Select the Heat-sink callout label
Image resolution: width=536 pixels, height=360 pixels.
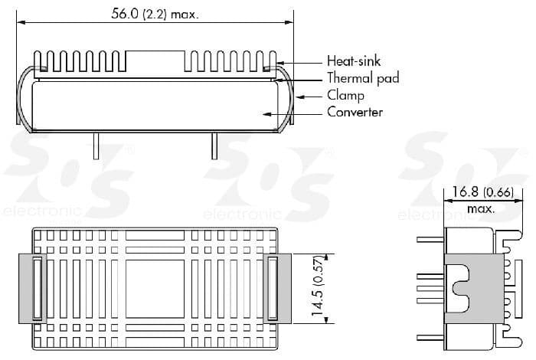(353, 61)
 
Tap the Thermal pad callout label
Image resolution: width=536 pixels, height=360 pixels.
(362, 78)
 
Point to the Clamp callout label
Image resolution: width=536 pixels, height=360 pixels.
(345, 96)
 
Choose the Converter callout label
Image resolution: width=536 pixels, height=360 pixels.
(355, 113)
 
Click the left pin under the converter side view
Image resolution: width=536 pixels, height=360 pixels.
(96, 146)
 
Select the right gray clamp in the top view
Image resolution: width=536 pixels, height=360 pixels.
(275, 287)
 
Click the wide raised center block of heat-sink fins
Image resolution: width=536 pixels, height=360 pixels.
(155, 61)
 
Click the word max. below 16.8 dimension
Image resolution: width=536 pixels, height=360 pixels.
(480, 209)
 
